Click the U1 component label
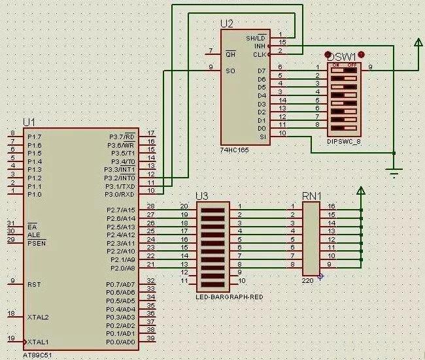29,122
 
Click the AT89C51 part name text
38,355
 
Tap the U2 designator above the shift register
227,24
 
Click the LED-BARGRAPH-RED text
229,297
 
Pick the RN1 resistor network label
312,196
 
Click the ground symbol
394,172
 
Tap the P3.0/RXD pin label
121,194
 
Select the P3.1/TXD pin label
121,186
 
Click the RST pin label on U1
34,285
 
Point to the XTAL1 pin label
38,342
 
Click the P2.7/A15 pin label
121,210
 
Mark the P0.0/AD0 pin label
121,342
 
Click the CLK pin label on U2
260,55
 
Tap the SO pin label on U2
229,71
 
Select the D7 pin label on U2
262,71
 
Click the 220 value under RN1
307,280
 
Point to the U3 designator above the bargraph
202,196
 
